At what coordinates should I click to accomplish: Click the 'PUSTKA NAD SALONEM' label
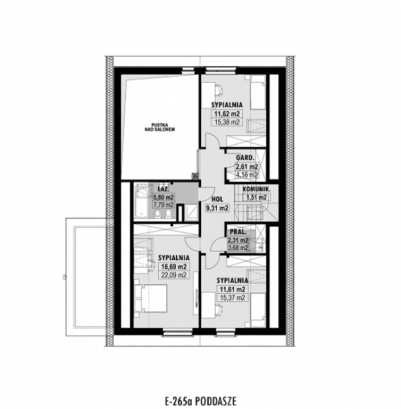(x=163, y=126)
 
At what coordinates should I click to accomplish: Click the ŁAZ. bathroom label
(x=163, y=189)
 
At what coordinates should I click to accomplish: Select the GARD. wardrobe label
(x=245, y=157)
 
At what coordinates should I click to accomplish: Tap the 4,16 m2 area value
(x=246, y=175)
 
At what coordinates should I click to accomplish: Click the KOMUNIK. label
(x=256, y=189)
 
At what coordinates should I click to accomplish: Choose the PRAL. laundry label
(x=238, y=231)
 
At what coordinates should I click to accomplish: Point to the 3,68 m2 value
(x=238, y=248)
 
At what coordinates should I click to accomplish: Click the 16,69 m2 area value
(x=172, y=267)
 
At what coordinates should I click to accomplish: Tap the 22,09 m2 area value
(x=172, y=275)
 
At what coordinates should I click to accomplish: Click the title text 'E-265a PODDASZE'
(x=200, y=400)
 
